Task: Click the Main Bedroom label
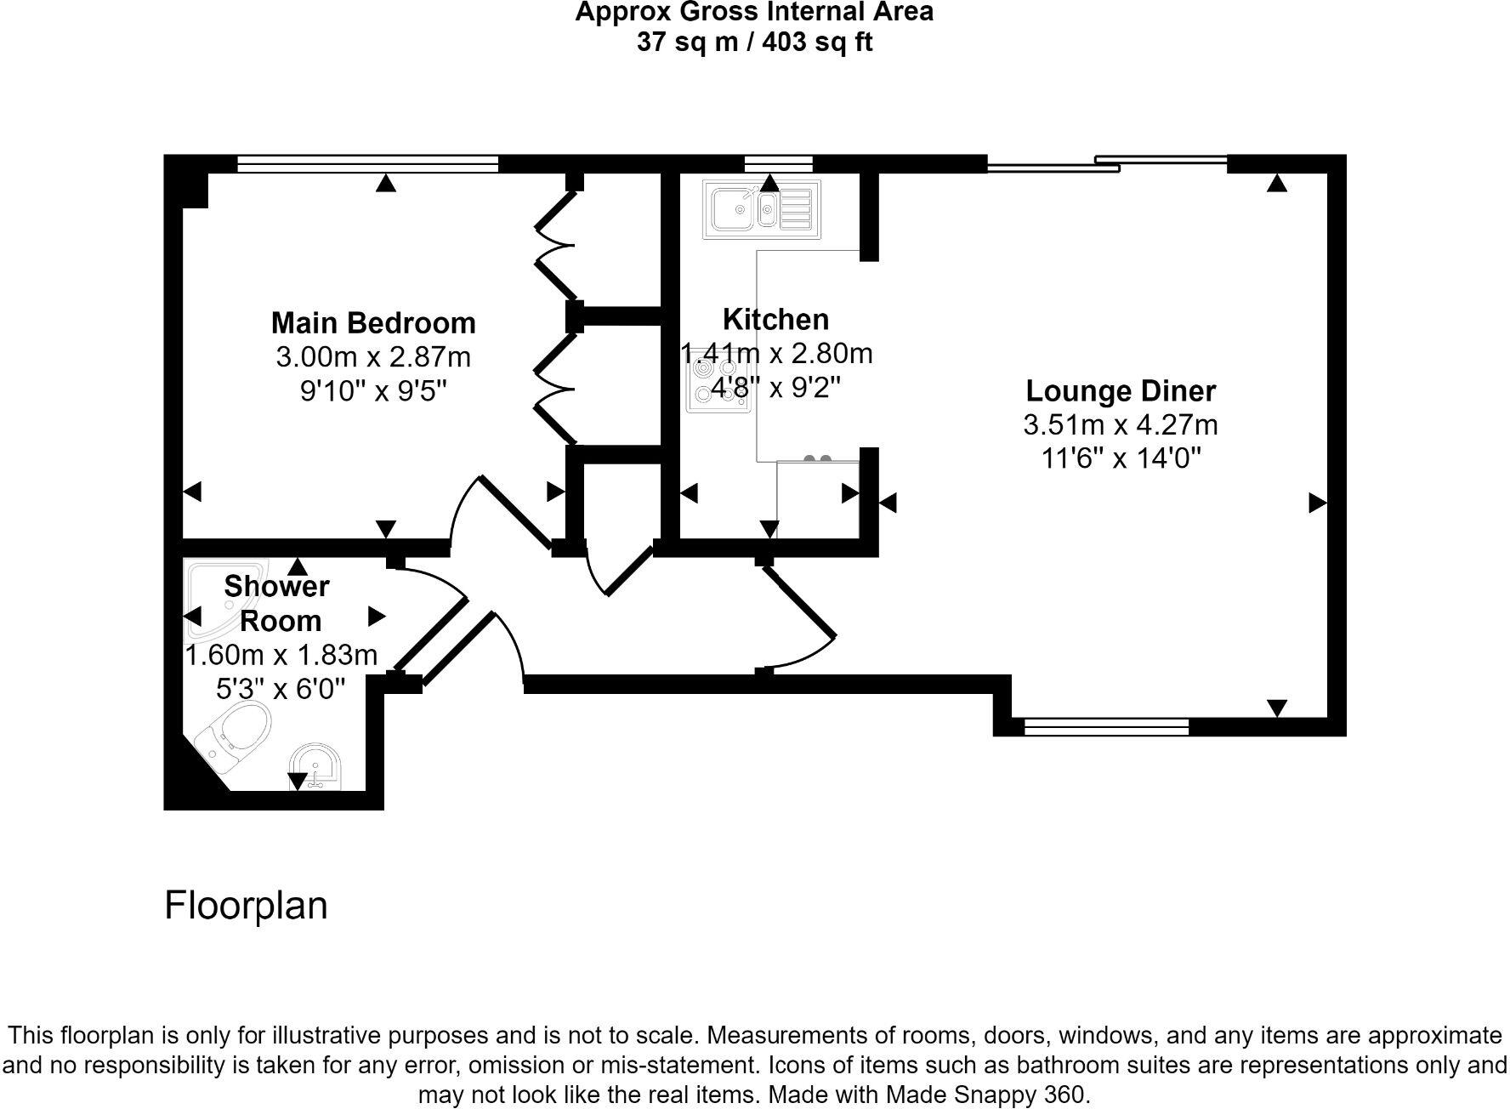click(373, 323)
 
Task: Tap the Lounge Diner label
click(1121, 391)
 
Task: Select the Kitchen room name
click(775, 320)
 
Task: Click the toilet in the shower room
click(234, 730)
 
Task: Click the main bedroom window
click(367, 163)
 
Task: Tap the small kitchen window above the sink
click(778, 163)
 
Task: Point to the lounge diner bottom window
click(1106, 726)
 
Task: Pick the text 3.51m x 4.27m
click(1121, 424)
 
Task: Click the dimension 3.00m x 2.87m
click(373, 357)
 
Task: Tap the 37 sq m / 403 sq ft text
click(754, 42)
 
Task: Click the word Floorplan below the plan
click(246, 906)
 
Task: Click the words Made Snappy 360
click(985, 1095)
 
